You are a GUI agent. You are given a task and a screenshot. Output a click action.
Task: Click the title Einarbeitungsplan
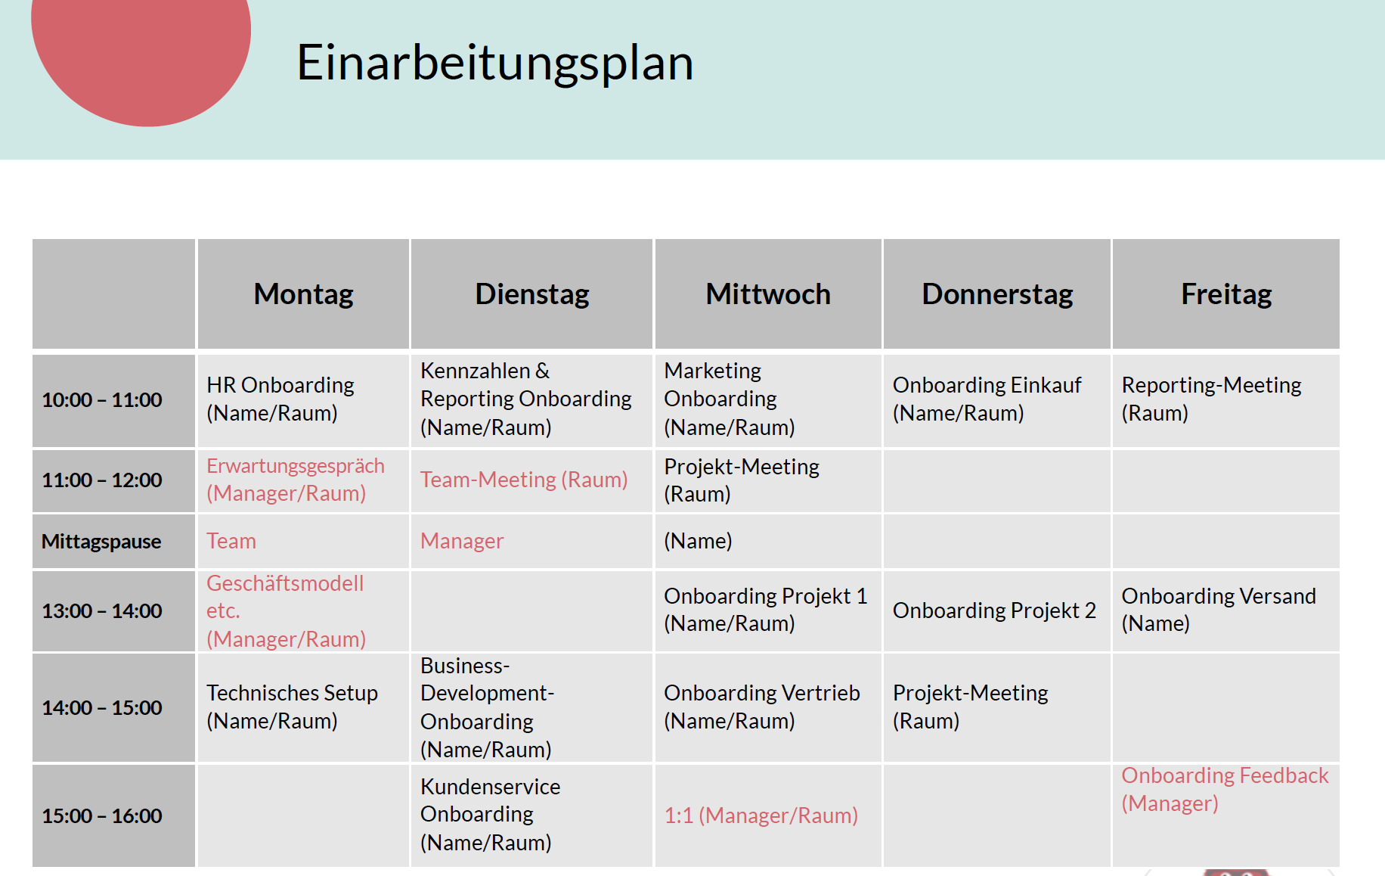495,63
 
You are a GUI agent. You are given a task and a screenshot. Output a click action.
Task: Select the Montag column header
303,294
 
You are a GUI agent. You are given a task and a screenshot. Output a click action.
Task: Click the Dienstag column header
532,294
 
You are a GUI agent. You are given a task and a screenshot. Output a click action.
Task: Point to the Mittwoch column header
768,294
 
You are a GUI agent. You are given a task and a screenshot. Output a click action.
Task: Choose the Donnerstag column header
997,294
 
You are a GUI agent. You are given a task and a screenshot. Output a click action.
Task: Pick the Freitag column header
1226,294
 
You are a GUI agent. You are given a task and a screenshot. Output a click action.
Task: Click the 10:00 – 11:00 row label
102,400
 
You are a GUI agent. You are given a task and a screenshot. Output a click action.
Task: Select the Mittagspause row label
101,542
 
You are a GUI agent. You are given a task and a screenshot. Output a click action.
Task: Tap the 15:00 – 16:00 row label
102,816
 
